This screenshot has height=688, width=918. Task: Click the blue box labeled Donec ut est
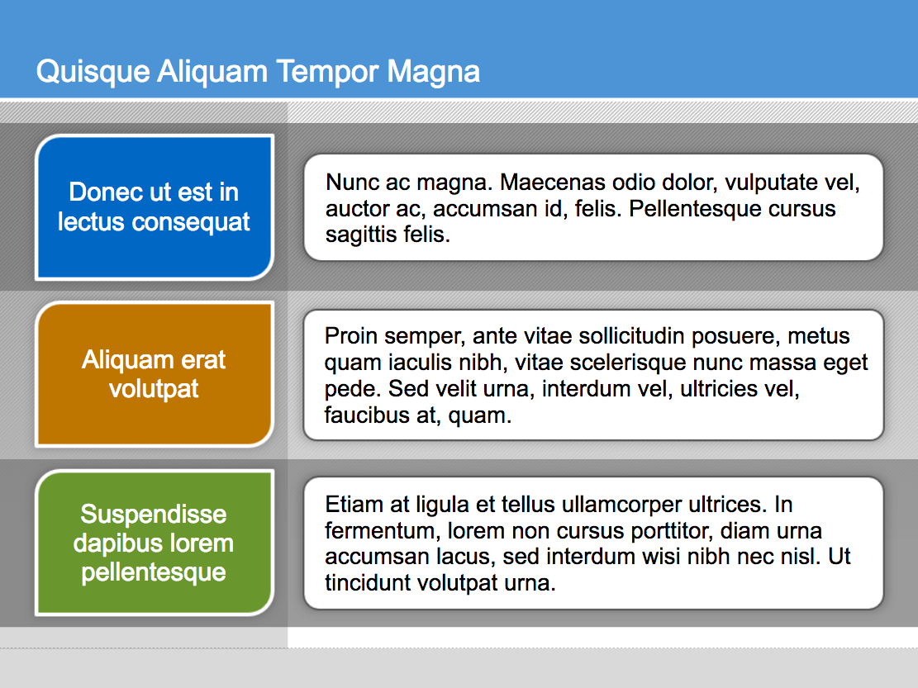tap(155, 207)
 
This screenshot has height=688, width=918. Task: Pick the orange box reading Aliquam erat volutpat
tap(155, 374)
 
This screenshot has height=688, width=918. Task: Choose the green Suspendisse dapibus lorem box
tap(155, 543)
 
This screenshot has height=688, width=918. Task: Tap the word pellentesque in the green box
tap(154, 572)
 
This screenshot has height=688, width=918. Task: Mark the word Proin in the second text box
tap(350, 336)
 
